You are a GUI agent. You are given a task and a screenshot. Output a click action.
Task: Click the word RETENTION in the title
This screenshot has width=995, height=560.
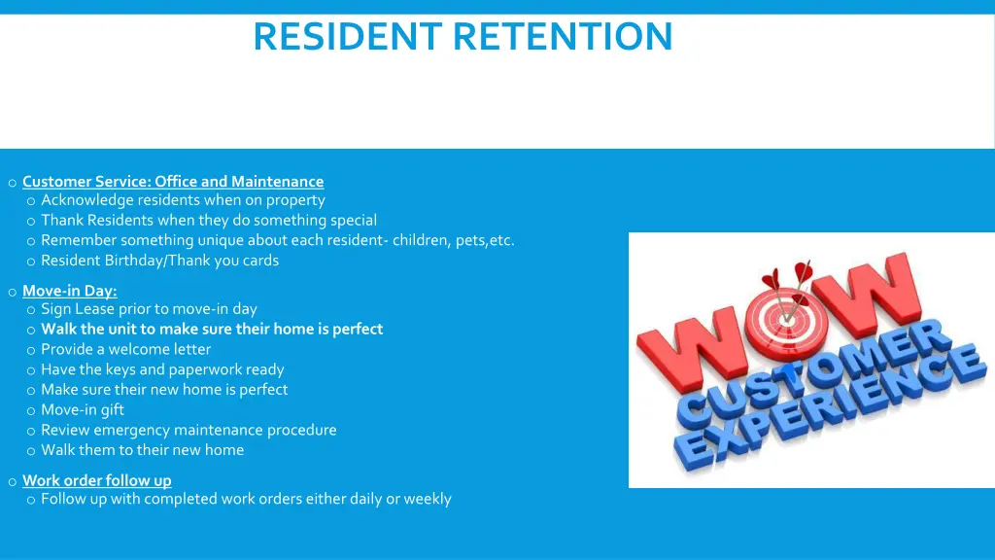click(563, 37)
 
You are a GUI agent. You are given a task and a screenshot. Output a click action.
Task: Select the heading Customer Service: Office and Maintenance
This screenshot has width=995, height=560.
click(173, 182)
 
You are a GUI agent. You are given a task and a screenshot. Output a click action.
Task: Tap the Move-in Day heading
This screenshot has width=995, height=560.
click(69, 291)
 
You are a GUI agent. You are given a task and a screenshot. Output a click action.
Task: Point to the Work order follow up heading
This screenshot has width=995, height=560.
click(96, 480)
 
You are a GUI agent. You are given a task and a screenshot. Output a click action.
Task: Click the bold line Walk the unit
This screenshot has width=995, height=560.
click(212, 329)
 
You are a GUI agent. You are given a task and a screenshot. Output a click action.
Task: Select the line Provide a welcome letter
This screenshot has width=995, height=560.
click(125, 349)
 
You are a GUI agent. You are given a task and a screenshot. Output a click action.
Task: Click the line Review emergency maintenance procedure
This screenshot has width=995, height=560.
click(189, 430)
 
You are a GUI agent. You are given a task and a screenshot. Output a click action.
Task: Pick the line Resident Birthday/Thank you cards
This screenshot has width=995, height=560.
click(159, 261)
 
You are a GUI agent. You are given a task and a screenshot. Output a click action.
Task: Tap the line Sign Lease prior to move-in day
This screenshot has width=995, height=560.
click(149, 309)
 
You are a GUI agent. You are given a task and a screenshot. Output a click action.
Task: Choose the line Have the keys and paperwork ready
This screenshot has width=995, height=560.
click(162, 369)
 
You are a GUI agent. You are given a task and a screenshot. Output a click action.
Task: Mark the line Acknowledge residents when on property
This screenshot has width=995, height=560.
click(183, 200)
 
